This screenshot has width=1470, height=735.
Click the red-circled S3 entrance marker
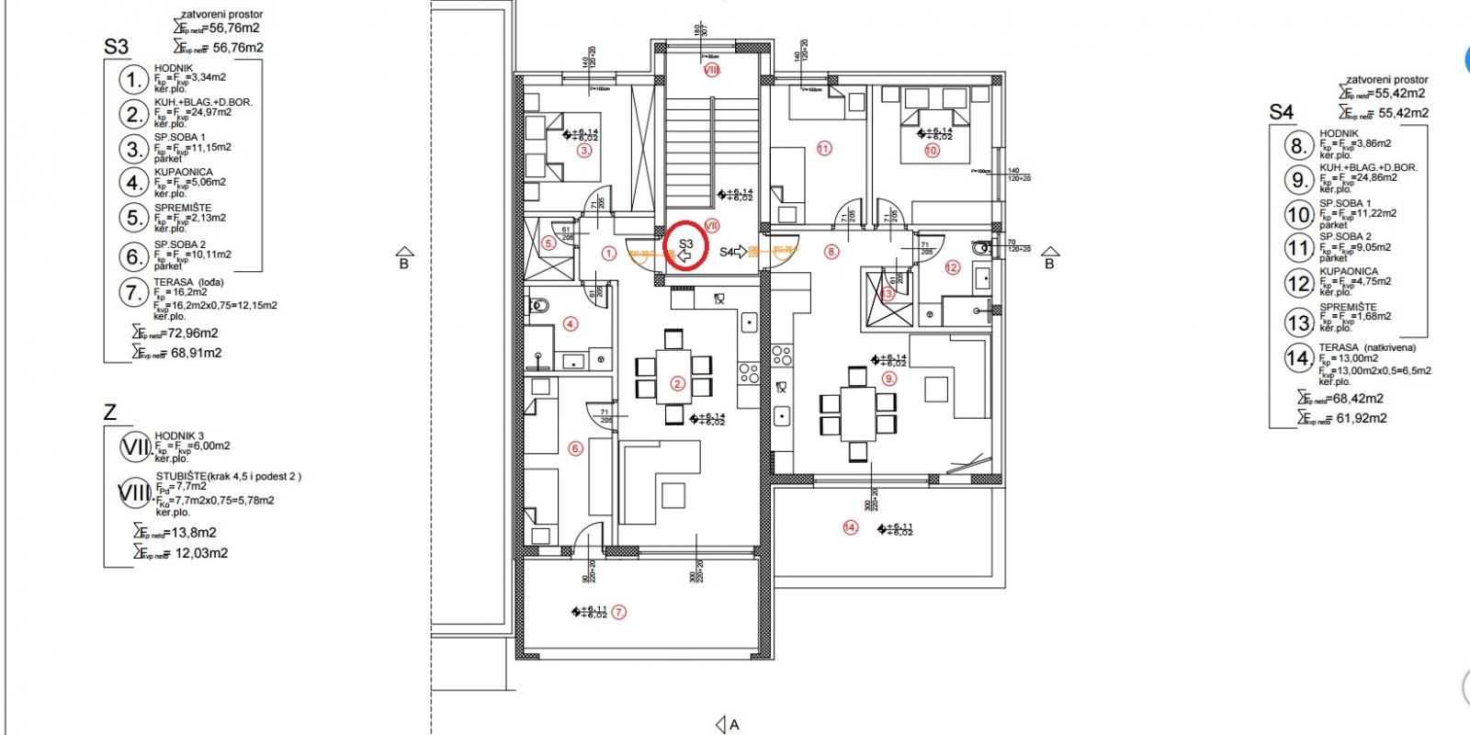(685, 246)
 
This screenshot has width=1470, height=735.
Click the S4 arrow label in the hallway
(733, 251)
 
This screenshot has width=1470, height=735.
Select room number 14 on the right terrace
(850, 527)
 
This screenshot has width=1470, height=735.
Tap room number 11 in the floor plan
(823, 148)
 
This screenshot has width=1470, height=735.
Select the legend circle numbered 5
(135, 218)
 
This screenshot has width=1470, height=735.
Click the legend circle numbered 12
(1298, 283)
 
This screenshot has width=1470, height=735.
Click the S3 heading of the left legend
(116, 47)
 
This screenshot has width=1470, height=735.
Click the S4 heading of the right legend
(1281, 112)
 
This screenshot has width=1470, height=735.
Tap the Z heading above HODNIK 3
(110, 413)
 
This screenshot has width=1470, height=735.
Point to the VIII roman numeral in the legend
(135, 493)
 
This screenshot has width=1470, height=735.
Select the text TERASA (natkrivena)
(1367, 347)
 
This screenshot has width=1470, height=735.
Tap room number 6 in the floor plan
(575, 448)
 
